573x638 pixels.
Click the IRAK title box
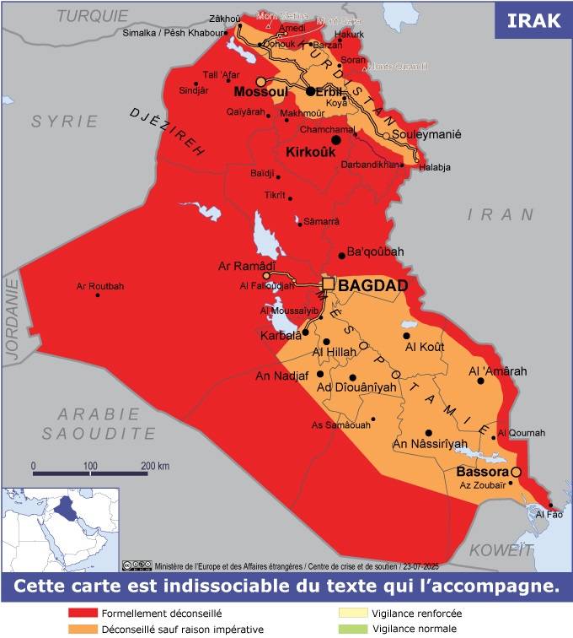[x=533, y=20]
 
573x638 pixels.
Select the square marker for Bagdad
[x=329, y=285]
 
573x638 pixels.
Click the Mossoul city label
[x=260, y=91]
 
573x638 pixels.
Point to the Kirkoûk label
[x=311, y=154]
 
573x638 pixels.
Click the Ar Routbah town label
[x=99, y=286]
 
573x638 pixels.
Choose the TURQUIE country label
[x=94, y=15]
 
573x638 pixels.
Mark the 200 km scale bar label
[x=155, y=465]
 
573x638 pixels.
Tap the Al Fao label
[x=549, y=514]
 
